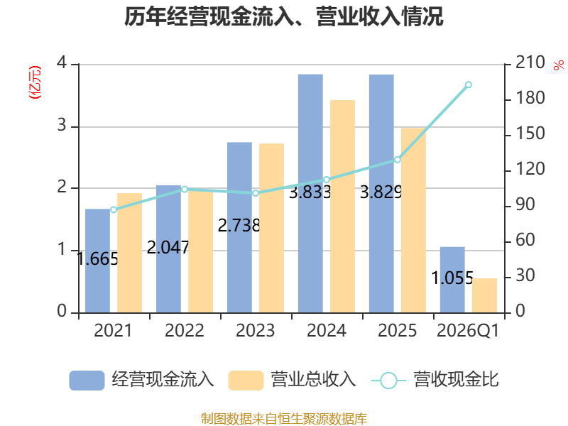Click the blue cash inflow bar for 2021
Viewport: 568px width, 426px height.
[x=97, y=261]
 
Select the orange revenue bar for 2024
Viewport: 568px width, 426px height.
[x=342, y=207]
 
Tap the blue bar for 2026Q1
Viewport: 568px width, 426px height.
[x=452, y=280]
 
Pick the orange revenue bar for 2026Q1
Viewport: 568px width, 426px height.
[x=484, y=295]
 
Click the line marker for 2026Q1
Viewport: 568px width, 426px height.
[x=469, y=84]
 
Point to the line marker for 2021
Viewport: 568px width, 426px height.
[x=114, y=209]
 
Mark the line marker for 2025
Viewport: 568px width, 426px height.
[x=398, y=160]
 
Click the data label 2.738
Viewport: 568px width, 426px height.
[x=239, y=225]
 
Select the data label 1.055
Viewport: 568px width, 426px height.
[x=452, y=278]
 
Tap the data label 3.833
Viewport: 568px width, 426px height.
[x=310, y=192]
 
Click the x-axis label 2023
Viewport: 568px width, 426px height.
[x=256, y=330]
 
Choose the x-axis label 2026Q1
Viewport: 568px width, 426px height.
[x=468, y=330]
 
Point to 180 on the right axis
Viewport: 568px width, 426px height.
[x=530, y=98]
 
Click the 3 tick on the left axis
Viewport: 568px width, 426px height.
[x=62, y=126]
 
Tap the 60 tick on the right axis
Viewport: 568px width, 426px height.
[x=525, y=240]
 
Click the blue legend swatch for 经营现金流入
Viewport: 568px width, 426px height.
[x=87, y=381]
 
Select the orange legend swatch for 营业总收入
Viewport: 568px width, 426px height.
[x=246, y=381]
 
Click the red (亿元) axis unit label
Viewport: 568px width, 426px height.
[x=35, y=82]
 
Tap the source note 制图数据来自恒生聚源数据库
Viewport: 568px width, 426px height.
[x=284, y=419]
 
